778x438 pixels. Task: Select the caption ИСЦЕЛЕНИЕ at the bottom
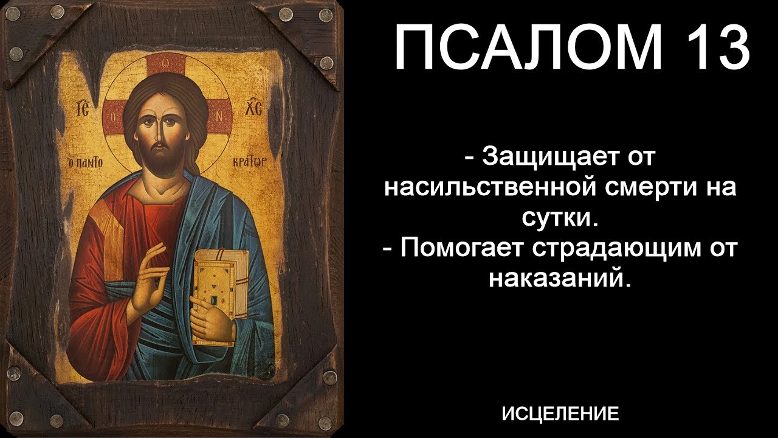[560, 414]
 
